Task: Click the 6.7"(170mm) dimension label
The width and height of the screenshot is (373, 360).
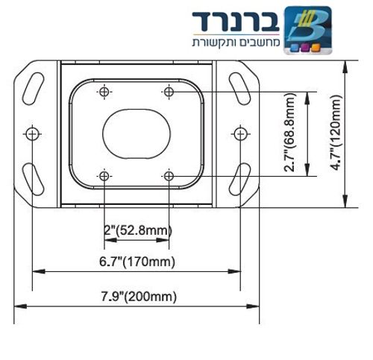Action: tap(137, 261)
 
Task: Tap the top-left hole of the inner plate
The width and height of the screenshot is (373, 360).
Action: tap(104, 92)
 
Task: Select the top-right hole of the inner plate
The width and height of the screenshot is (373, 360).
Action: tap(169, 92)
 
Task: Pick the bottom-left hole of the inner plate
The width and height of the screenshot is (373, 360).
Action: tap(104, 176)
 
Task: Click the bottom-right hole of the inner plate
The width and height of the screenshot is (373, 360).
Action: tap(169, 176)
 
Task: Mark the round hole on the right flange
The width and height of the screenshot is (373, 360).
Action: tap(239, 133)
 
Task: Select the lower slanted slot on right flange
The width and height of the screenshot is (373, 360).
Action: tap(239, 180)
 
